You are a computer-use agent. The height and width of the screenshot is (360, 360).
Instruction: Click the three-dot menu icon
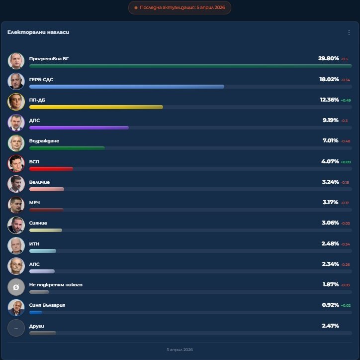click(x=349, y=32)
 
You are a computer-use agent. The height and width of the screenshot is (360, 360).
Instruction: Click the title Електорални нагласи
click(x=38, y=32)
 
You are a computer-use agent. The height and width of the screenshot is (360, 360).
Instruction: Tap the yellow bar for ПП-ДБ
click(x=96, y=107)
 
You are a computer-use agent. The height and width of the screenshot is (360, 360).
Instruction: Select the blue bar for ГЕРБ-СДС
click(x=126, y=87)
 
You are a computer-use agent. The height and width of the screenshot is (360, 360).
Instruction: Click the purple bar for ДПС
click(x=79, y=127)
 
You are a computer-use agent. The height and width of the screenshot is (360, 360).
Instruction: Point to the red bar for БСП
click(x=51, y=169)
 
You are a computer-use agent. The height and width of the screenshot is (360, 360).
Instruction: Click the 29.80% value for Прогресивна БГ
click(x=328, y=58)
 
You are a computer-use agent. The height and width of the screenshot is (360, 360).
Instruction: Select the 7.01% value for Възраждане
click(x=331, y=141)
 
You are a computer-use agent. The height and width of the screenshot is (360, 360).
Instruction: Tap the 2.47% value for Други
click(x=330, y=326)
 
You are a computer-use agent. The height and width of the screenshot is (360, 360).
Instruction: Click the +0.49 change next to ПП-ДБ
click(x=346, y=100)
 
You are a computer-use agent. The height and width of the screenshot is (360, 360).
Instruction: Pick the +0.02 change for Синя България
click(x=346, y=305)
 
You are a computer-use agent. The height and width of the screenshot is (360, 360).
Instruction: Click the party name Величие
click(x=39, y=182)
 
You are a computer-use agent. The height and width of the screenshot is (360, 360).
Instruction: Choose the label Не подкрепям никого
click(x=56, y=285)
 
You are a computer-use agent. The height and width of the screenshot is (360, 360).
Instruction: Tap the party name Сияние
click(x=38, y=223)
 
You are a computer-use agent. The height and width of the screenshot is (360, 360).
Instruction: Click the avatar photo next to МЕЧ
click(x=16, y=205)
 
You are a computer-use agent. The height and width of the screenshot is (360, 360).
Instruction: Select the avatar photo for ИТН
click(x=16, y=245)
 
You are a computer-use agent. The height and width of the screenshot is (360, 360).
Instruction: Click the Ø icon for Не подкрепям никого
click(x=16, y=287)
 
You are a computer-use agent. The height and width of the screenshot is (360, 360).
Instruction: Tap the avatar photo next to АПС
click(x=16, y=266)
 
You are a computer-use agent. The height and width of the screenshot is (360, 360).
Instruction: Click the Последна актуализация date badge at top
click(x=180, y=8)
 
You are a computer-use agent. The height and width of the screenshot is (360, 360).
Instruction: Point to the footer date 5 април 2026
click(x=180, y=350)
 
